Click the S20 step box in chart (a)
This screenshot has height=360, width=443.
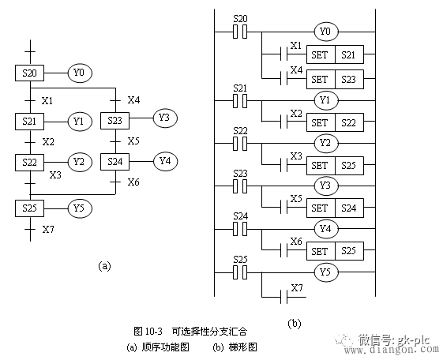[29, 73]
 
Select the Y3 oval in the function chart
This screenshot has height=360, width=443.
[165, 118]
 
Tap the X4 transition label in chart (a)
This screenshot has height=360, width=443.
[133, 99]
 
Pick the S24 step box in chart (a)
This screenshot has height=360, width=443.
[115, 162]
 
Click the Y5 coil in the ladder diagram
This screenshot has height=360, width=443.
[326, 272]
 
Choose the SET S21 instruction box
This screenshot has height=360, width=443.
[335, 54]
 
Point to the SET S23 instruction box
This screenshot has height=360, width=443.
[335, 79]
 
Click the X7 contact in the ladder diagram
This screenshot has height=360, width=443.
[284, 297]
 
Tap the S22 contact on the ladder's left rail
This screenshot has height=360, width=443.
[240, 144]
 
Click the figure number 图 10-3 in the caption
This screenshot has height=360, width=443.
[148, 331]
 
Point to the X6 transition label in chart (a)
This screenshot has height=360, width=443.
[133, 182]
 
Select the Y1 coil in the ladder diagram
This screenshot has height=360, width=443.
[326, 100]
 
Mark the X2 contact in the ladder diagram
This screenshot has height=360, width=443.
[284, 122]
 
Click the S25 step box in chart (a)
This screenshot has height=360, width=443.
[29, 208]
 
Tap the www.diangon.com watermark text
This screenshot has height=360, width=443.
[392, 350]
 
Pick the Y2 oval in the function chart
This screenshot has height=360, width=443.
[80, 162]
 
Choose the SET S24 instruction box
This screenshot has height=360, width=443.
[335, 208]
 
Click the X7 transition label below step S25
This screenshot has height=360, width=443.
[48, 230]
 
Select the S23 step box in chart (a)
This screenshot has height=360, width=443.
[115, 121]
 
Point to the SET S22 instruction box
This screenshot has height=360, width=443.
[335, 122]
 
